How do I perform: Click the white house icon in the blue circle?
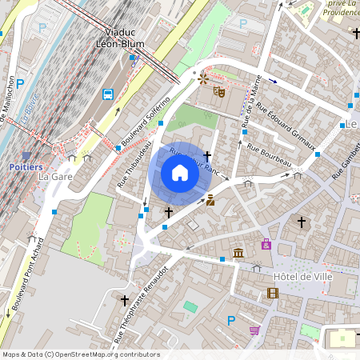coord(180,173)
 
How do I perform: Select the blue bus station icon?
coord(108,94)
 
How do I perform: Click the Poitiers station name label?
coord(26,166)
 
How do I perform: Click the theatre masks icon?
coord(218,91)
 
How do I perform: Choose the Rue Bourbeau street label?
coord(269,156)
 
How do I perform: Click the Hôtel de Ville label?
coord(302,276)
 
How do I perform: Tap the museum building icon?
coord(238,254)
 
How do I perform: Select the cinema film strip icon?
coord(273,293)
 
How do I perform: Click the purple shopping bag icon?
coord(266,243)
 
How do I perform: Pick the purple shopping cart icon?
coord(255,330)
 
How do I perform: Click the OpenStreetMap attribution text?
coord(80,354)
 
